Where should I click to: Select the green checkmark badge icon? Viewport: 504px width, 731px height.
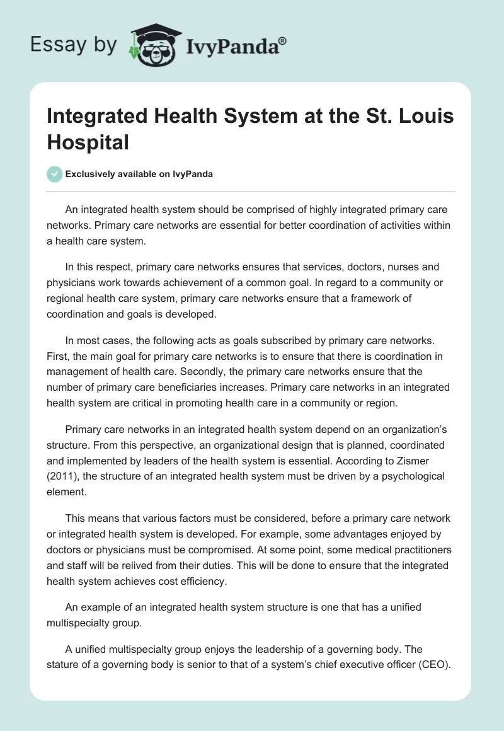(55, 174)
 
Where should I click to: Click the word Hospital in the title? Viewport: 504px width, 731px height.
(88, 142)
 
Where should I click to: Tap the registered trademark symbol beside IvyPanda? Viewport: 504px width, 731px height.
(283, 42)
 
